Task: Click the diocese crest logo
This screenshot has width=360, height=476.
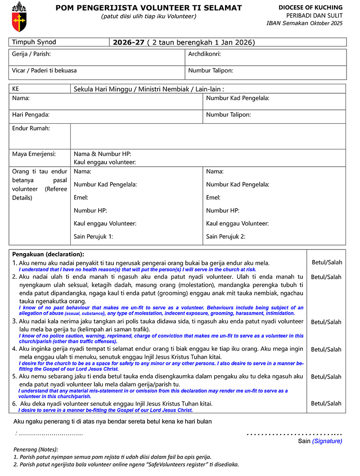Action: [19, 16]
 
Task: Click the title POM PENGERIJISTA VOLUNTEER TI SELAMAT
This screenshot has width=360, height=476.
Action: [148, 8]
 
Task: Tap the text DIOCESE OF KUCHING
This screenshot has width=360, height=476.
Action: [310, 8]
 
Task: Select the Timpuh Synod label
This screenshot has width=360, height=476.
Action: [34, 42]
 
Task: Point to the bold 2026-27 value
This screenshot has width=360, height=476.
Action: [129, 42]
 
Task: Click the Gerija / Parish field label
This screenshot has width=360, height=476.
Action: [31, 54]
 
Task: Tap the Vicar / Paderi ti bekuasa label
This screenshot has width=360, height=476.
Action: [44, 70]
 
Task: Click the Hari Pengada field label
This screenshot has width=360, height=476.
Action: [31, 115]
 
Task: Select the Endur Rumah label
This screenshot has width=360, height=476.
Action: [31, 128]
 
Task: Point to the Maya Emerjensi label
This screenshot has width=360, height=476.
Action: [34, 154]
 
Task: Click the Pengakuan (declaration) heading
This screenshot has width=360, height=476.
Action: [48, 254]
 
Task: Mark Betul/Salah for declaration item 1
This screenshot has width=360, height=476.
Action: [327, 262]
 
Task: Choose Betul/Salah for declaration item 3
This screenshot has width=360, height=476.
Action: [326, 322]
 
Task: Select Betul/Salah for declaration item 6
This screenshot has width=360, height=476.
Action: [326, 403]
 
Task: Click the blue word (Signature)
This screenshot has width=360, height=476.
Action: [327, 441]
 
